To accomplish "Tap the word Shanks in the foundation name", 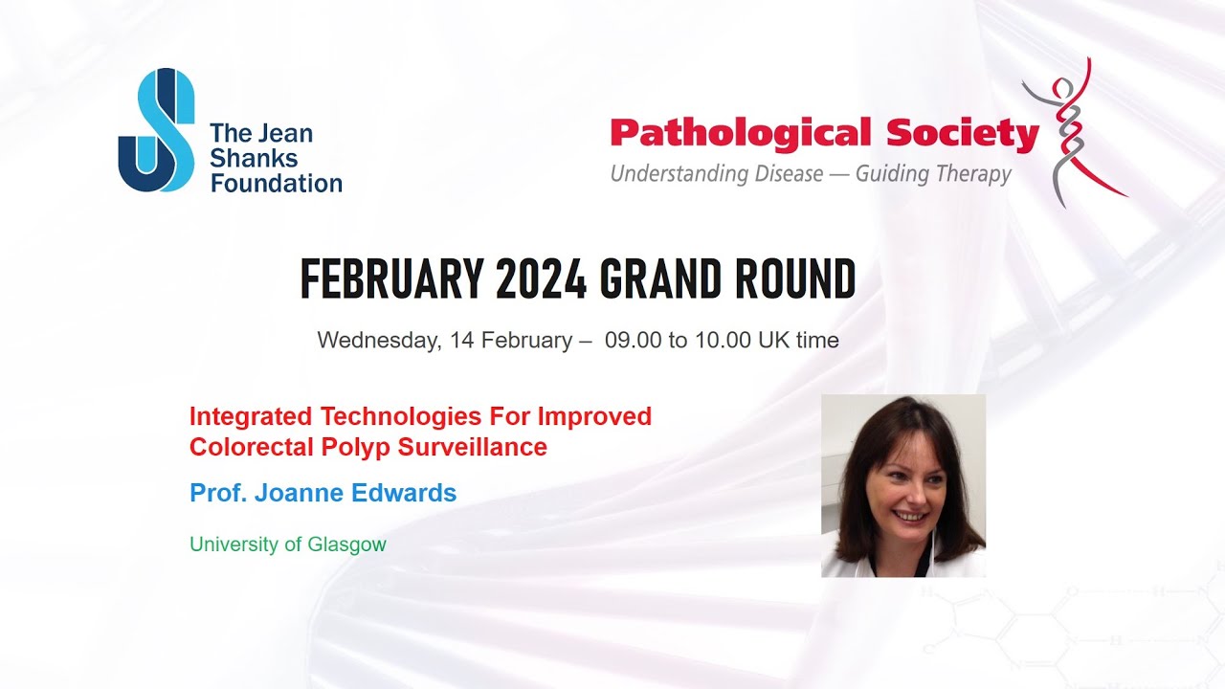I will (x=254, y=159).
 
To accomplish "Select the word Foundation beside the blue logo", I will (x=276, y=183).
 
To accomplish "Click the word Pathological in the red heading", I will (x=741, y=134).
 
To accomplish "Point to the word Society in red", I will (x=962, y=134).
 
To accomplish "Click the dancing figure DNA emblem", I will (x=1073, y=131).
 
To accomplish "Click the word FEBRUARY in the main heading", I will (x=391, y=280).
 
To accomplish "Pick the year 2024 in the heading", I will (x=541, y=280).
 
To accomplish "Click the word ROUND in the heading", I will (x=794, y=280).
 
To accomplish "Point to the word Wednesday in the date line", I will (x=377, y=341).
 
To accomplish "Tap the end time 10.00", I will (x=722, y=341).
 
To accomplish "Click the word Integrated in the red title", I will (x=251, y=416).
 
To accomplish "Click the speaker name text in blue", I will (x=323, y=493).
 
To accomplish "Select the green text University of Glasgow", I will (x=287, y=545).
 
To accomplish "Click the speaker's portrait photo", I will (x=902, y=485).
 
